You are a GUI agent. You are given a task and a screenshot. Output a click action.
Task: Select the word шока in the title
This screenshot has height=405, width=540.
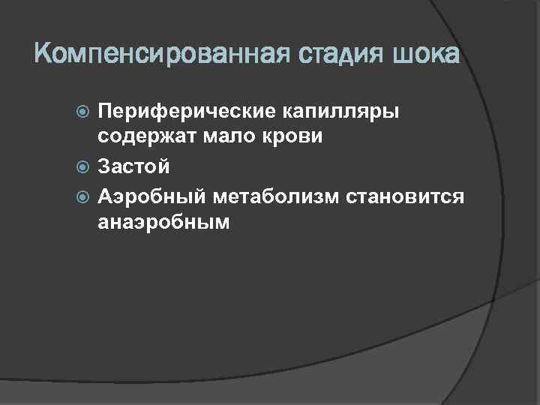coord(425,55)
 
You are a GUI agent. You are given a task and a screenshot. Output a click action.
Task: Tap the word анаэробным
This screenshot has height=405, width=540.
coord(162,223)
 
